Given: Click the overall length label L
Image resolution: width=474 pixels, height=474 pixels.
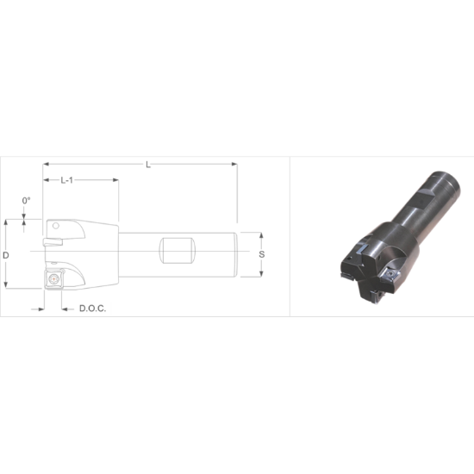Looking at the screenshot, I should (148, 165).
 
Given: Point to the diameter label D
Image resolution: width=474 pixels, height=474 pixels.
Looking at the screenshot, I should (6, 256).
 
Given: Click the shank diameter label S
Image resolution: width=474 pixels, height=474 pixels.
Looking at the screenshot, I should (262, 255).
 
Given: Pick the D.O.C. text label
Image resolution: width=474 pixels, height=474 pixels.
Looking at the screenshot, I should (92, 308).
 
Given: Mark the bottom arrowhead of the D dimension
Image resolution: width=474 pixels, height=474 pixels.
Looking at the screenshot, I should (6, 287).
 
